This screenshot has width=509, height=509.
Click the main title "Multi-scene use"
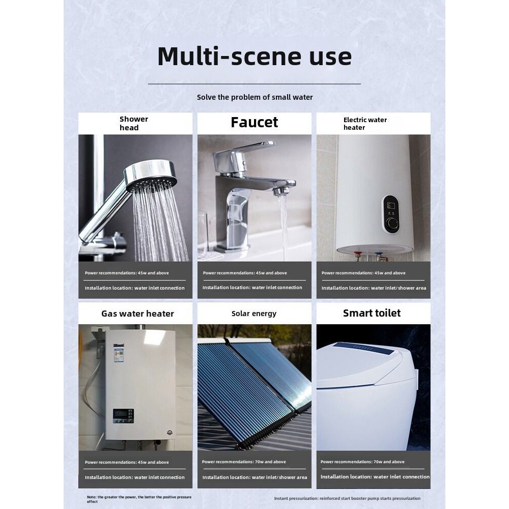point(254,56)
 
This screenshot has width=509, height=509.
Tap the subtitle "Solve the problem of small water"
point(255,97)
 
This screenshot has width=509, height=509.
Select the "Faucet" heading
point(254,122)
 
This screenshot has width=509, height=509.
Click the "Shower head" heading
point(134,123)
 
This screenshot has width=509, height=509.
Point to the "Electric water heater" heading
point(365,124)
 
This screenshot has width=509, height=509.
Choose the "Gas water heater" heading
point(137,314)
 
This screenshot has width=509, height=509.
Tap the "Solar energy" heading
point(254,314)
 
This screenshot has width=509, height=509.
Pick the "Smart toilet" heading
point(372,313)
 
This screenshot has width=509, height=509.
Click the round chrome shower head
point(150,175)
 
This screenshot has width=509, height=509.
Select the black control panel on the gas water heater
point(123,416)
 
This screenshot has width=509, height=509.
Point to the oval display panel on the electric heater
point(390,214)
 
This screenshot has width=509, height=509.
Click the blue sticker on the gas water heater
point(119,353)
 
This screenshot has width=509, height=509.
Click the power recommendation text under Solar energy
point(244,462)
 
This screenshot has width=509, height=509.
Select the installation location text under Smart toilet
point(375,477)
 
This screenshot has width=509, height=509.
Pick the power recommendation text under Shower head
point(127,273)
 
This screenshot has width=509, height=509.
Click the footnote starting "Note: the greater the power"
point(139,499)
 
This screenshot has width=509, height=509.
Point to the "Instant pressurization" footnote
point(347,498)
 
